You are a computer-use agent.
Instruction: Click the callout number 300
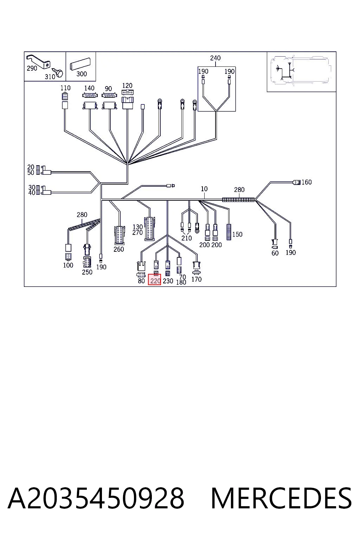click(x=82, y=74)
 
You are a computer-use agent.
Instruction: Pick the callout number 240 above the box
click(x=215, y=58)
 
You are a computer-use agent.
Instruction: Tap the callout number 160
click(x=307, y=182)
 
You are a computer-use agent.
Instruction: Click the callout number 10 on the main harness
click(x=204, y=189)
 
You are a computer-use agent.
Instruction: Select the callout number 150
click(x=237, y=234)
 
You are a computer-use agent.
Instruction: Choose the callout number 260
click(x=118, y=249)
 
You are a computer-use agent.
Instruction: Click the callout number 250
click(x=87, y=272)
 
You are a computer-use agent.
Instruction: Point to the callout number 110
click(x=65, y=88)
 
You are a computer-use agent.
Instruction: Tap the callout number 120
click(x=127, y=85)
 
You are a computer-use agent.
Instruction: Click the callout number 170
click(x=196, y=279)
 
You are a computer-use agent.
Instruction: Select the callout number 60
click(x=275, y=253)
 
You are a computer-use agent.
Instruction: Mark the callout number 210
click(x=186, y=238)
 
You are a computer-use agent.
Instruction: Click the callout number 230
click(x=168, y=281)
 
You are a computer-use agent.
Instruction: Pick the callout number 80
click(x=141, y=281)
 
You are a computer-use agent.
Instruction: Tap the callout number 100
click(x=68, y=265)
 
